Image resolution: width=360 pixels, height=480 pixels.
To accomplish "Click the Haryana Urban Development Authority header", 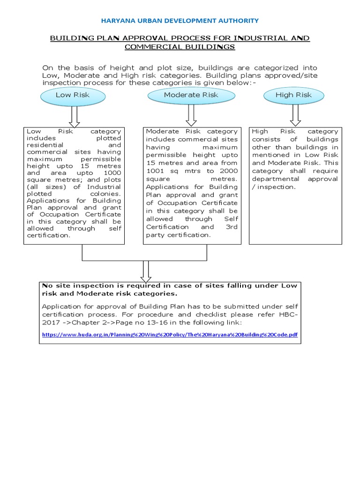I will pos(180,21).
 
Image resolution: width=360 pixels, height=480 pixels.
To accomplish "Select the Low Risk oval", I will pos(72,95).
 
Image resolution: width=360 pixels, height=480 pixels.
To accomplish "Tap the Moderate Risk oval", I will pos(191,95).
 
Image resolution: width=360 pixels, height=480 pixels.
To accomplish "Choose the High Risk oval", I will pos(293,95).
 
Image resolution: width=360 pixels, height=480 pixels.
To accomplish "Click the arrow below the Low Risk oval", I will pos(75,114).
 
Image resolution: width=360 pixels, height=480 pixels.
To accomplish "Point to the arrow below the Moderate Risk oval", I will pos(191,114).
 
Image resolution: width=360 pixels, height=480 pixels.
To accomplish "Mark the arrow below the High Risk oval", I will pos(295,114).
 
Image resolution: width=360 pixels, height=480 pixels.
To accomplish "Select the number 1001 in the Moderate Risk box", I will pos(155,171).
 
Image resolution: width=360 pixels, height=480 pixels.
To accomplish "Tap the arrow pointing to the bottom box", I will pos(146,270).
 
